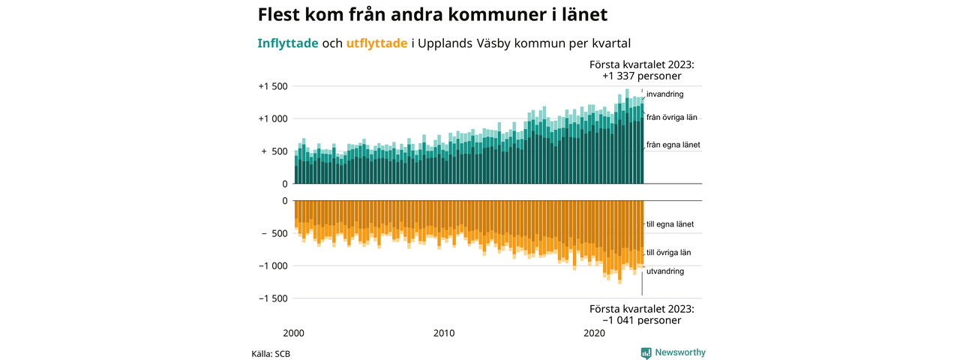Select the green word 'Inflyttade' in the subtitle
(x=287, y=43)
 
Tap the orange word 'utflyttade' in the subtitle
(x=376, y=43)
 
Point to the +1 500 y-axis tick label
(x=273, y=86)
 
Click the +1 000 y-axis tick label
(x=273, y=118)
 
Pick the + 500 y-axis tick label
(x=274, y=151)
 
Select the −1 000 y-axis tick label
(x=273, y=265)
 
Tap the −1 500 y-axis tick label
(x=273, y=298)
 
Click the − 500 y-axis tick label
(x=274, y=233)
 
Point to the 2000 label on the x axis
(x=294, y=333)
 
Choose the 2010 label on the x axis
(x=445, y=333)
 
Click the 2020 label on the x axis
(x=595, y=333)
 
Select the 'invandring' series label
(x=664, y=94)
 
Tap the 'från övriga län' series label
(x=672, y=118)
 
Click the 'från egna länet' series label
(x=673, y=145)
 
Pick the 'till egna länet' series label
(x=670, y=224)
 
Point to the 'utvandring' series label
(x=664, y=271)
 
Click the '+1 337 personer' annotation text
(x=641, y=76)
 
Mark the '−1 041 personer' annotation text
(x=641, y=320)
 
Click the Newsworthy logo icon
(x=646, y=352)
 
